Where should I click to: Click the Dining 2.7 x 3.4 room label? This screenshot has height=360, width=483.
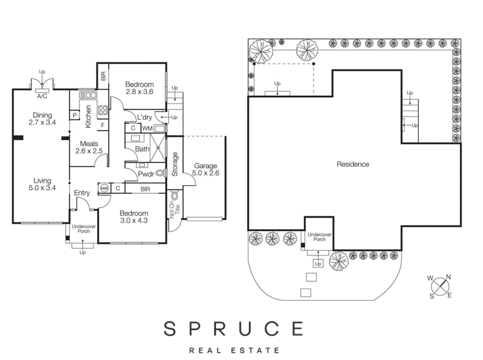pyautogui.click(x=43, y=119)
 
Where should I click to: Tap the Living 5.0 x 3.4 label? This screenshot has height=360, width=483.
pyautogui.click(x=42, y=183)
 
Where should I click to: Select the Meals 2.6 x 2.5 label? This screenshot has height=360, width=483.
pyautogui.click(x=88, y=147)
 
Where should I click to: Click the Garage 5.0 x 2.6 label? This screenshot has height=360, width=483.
pyautogui.click(x=206, y=169)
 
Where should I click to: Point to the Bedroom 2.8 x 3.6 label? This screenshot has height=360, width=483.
pyautogui.click(x=139, y=88)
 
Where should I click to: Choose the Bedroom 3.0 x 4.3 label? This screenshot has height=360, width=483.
pyautogui.click(x=133, y=216)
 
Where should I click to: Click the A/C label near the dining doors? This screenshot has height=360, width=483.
pyautogui.click(x=42, y=97)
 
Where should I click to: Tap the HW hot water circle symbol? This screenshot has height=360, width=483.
pyautogui.click(x=104, y=188)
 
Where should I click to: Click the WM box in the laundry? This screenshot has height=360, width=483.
pyautogui.click(x=147, y=128)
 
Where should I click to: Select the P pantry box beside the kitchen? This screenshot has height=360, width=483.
pyautogui.click(x=74, y=115)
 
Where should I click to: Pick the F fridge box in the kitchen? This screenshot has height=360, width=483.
pyautogui.click(x=102, y=126)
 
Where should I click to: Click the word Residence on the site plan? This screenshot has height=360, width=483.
pyautogui.click(x=353, y=164)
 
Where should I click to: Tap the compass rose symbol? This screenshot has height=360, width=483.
pyautogui.click(x=440, y=287)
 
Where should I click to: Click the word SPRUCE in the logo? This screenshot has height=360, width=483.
pyautogui.click(x=233, y=328)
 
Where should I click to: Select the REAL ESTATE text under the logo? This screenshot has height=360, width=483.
pyautogui.click(x=235, y=350)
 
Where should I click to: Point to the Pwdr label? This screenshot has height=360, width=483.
pyautogui.click(x=146, y=174)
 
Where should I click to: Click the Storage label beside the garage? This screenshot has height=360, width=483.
pyautogui.click(x=175, y=164)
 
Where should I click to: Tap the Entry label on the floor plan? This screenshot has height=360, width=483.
pyautogui.click(x=81, y=193)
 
